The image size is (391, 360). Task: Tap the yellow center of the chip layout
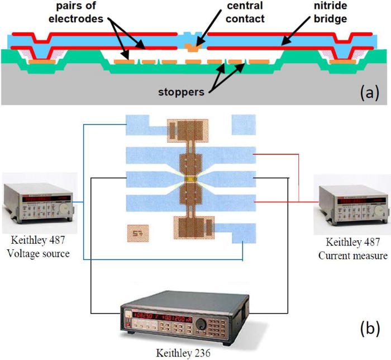point(192,180)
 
